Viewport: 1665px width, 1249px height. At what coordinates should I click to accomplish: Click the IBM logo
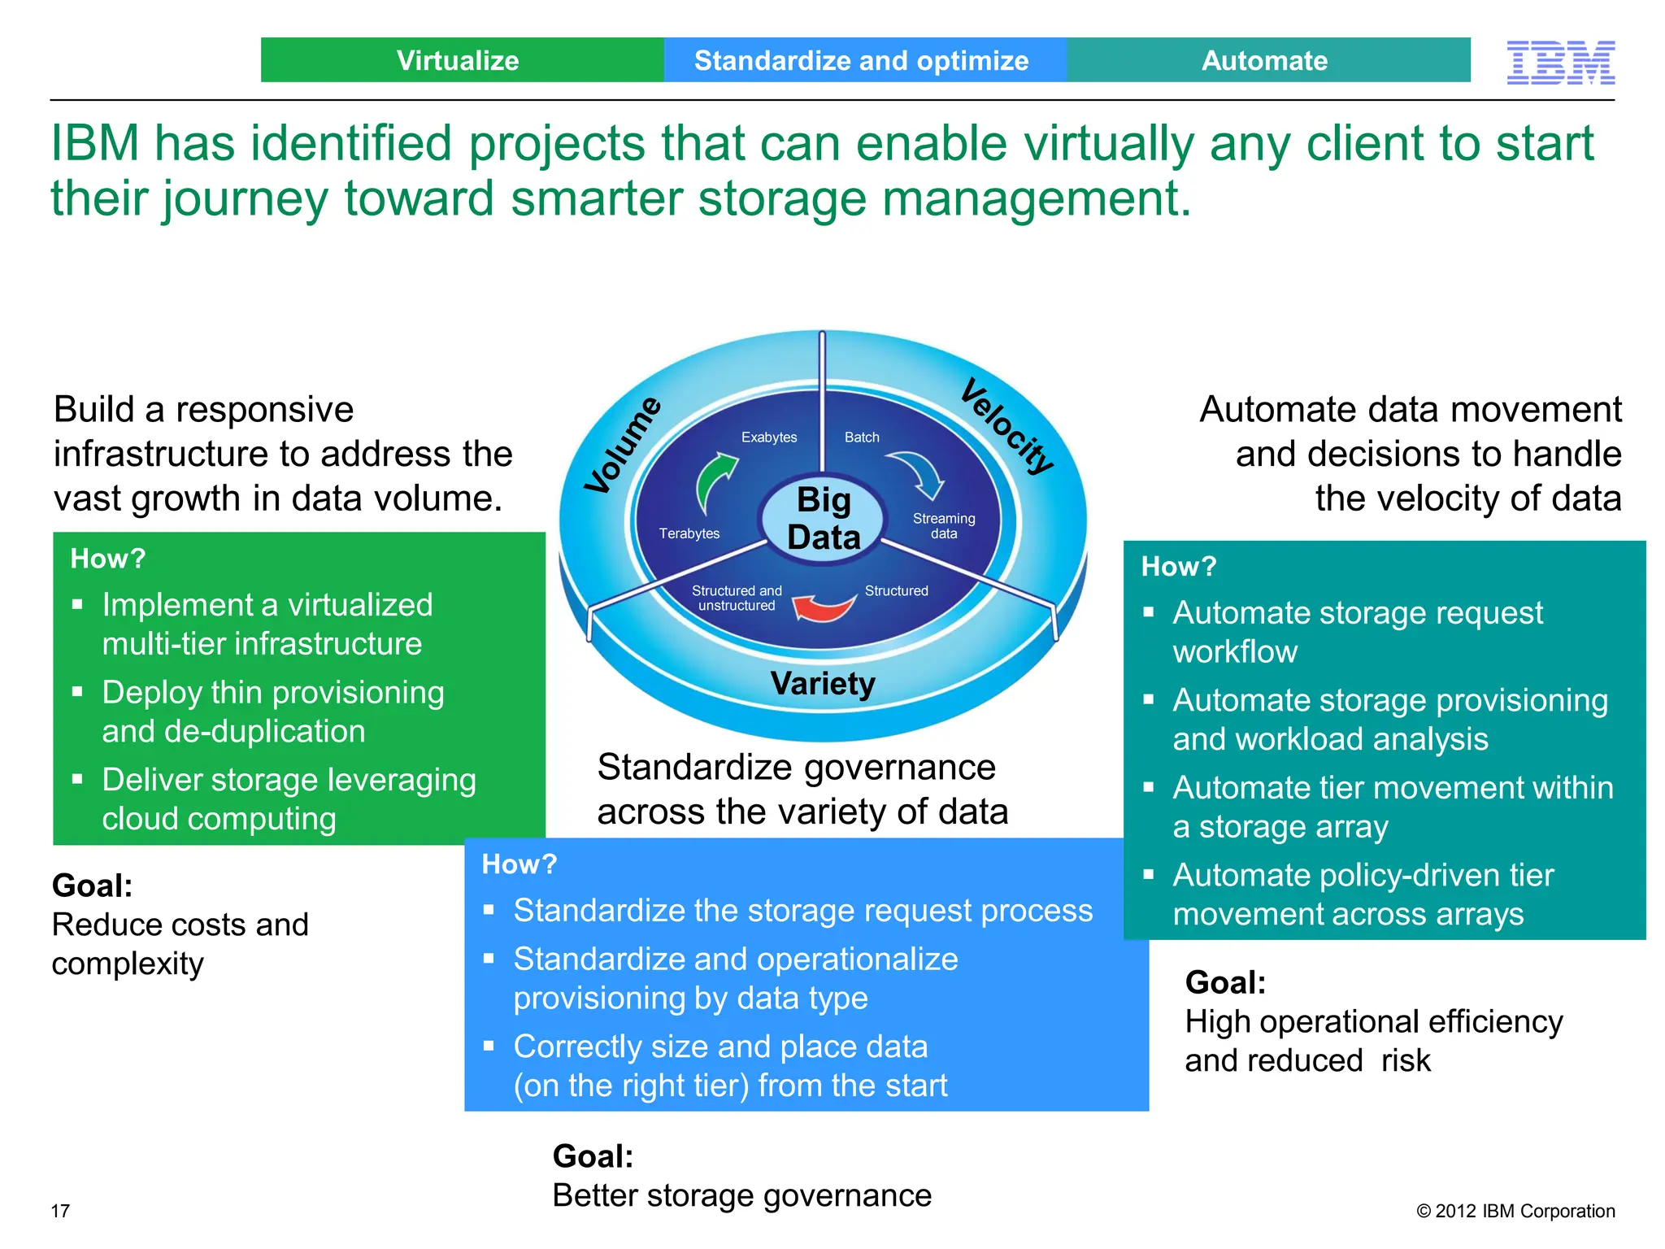tap(1560, 63)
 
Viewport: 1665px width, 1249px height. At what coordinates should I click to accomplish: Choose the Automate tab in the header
tap(1267, 60)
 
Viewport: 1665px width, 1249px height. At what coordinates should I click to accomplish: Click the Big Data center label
tap(823, 519)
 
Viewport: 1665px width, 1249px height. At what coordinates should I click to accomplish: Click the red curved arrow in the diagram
tap(823, 607)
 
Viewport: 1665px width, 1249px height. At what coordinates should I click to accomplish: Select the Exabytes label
tap(769, 437)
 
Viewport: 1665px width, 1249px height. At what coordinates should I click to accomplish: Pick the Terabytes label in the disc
tap(689, 533)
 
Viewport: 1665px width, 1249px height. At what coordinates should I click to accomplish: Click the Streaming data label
tap(943, 526)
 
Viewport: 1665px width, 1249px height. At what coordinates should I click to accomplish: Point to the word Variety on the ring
tap(823, 684)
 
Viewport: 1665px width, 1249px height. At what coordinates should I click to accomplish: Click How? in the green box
tap(108, 559)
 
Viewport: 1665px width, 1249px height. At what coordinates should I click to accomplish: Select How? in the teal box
tap(1179, 567)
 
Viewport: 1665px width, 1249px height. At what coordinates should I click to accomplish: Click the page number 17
tap(60, 1211)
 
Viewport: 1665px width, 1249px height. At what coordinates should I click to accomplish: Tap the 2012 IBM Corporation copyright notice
tap(1515, 1211)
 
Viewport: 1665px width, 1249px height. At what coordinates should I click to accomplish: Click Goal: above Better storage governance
tap(593, 1156)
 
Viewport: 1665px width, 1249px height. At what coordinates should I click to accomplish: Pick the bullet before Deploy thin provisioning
tap(78, 692)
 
